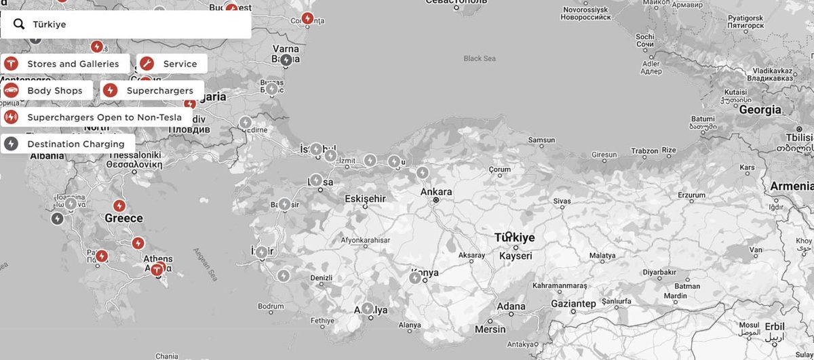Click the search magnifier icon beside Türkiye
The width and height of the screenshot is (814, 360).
click(19, 24)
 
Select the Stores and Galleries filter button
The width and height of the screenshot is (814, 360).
click(65, 64)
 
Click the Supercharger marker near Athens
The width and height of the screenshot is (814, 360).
click(158, 268)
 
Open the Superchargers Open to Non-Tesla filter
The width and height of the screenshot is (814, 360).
click(96, 117)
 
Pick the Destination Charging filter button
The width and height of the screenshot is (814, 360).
click(67, 144)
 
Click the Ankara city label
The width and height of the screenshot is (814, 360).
click(436, 192)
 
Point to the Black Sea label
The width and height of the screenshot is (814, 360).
click(480, 58)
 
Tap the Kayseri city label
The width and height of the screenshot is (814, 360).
click(516, 256)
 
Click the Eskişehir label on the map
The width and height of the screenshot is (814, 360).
click(365, 199)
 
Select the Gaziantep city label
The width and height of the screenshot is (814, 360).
click(573, 303)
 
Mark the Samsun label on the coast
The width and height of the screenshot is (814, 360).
click(541, 140)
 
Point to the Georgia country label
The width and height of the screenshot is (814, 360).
click(760, 109)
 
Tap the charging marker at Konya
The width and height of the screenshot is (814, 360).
click(415, 277)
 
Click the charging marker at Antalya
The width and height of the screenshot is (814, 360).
click(368, 308)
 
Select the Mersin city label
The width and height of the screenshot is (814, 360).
click(490, 329)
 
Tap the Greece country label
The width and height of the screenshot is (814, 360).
click(123, 218)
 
